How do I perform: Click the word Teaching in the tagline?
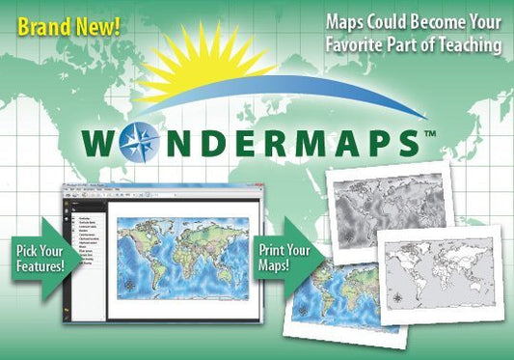point(463,44)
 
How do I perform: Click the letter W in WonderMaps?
point(101,141)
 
